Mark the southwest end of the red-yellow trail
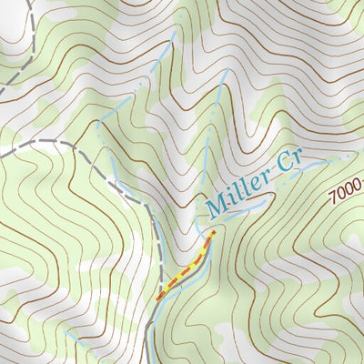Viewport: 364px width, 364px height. (157, 298)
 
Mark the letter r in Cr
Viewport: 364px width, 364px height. (297, 162)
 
